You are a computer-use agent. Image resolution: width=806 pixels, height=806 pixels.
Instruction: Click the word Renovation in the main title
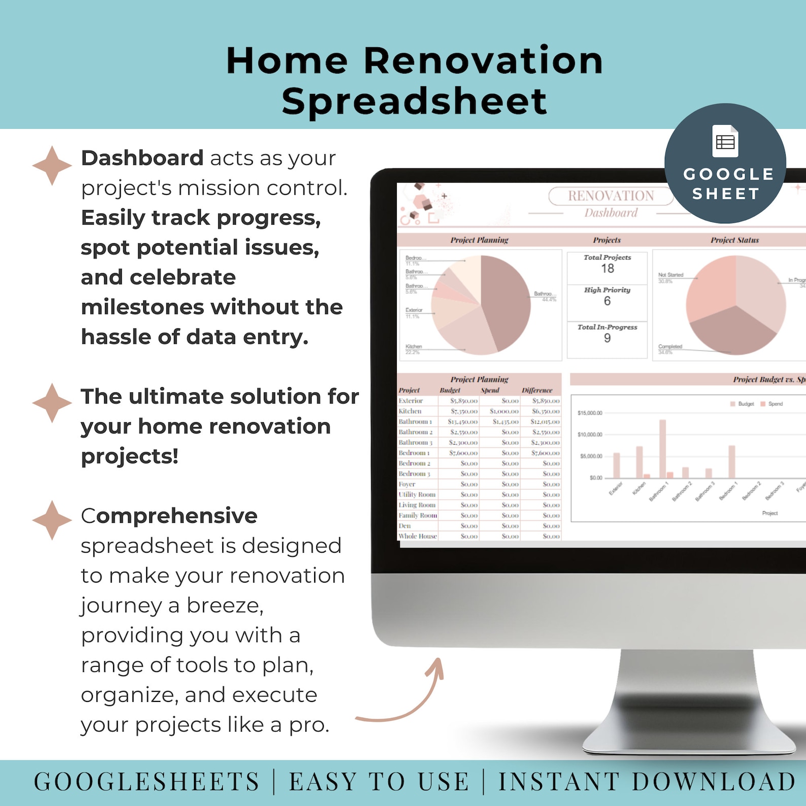483,61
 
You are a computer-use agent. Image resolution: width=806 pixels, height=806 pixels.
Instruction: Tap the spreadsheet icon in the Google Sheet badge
725,141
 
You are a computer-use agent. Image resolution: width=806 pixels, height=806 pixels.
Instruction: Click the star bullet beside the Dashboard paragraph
52,165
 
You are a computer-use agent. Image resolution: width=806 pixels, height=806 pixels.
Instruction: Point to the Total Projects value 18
607,268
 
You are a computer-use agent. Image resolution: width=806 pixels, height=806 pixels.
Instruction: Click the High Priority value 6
607,301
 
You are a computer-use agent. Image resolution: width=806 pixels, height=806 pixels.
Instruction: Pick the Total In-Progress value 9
607,338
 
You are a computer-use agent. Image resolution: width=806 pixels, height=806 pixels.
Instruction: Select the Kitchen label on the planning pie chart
414,347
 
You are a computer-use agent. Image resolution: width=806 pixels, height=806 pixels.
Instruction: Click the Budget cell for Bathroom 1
462,422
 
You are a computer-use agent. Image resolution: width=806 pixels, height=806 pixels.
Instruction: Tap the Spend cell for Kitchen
504,411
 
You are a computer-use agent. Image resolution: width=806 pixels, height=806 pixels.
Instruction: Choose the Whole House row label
418,536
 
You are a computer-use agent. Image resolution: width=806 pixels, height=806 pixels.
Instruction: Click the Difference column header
536,390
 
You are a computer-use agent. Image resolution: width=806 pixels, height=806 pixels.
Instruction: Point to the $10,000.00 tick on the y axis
590,434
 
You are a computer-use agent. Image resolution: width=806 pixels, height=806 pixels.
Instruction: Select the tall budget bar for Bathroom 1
662,449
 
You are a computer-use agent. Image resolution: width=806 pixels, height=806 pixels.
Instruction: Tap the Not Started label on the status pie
670,275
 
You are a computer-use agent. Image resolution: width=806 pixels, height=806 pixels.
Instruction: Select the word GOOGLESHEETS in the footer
147,782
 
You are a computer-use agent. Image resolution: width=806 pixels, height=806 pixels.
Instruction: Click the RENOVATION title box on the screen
611,196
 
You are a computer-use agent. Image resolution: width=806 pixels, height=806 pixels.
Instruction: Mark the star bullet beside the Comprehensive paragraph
52,520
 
